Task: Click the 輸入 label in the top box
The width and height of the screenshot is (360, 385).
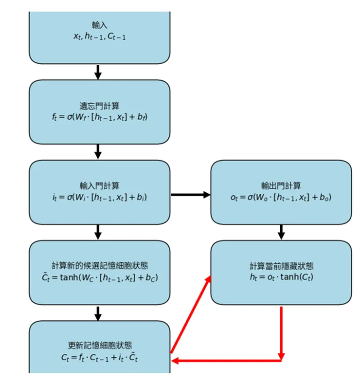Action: [100, 25]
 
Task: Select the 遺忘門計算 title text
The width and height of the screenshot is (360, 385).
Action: [100, 106]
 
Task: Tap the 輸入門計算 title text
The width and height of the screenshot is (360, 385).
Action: [100, 185]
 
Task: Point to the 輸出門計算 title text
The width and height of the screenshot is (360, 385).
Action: [281, 185]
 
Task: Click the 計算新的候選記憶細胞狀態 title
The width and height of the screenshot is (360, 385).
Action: [100, 266]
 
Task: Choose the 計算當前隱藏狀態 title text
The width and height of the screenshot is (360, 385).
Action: [281, 266]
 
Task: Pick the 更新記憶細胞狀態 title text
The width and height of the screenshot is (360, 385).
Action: [100, 346]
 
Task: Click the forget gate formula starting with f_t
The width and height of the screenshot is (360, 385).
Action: [100, 117]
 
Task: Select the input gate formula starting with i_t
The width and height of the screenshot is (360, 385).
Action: [100, 197]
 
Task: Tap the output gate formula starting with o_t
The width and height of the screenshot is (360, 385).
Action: [281, 197]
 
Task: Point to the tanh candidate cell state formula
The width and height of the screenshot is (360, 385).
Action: [100, 277]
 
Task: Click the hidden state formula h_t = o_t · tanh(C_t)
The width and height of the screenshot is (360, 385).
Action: [281, 277]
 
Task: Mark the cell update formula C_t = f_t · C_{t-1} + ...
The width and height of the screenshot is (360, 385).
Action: [100, 357]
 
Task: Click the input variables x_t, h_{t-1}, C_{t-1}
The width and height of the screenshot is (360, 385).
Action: [100, 37]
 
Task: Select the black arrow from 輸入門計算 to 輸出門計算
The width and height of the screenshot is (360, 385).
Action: [190, 195]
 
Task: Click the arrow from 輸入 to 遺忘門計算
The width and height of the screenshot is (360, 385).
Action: [98, 72]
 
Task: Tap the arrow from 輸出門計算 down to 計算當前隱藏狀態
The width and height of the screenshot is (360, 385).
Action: [281, 232]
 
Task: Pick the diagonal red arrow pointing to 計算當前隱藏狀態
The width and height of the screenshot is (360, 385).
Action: [191, 314]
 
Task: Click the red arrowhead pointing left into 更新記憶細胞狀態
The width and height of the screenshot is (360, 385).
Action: [176, 361]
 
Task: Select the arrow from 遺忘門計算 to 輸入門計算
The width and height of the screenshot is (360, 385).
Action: [98, 151]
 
